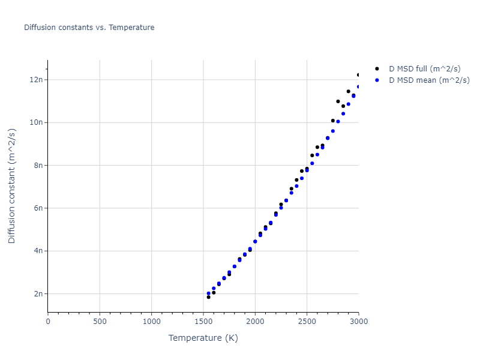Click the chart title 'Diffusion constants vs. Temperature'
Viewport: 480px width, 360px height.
[x=89, y=28]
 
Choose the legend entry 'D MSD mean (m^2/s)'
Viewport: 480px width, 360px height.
[x=429, y=80]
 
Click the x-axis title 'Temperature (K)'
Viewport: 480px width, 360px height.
[x=203, y=338]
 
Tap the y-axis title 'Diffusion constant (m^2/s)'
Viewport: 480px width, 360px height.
[x=12, y=186]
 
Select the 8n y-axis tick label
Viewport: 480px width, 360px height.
[x=38, y=165]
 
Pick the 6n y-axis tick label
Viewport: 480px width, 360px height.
[x=38, y=208]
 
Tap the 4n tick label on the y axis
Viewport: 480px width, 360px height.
[x=38, y=251]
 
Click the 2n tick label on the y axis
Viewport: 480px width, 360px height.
[x=38, y=294]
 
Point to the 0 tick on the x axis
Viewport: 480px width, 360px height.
[x=48, y=322]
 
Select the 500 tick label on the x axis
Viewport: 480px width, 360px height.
[x=100, y=322]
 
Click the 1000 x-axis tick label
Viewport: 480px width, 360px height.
[x=151, y=322]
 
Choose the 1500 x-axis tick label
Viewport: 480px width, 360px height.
[x=203, y=322]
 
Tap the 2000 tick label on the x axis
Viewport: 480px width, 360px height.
[x=255, y=322]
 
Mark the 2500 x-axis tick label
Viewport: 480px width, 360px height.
[x=307, y=322]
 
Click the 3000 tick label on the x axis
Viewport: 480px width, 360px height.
[x=358, y=322]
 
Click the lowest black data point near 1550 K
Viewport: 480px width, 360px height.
[x=209, y=297]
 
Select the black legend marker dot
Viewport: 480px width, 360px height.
[x=376, y=68]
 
